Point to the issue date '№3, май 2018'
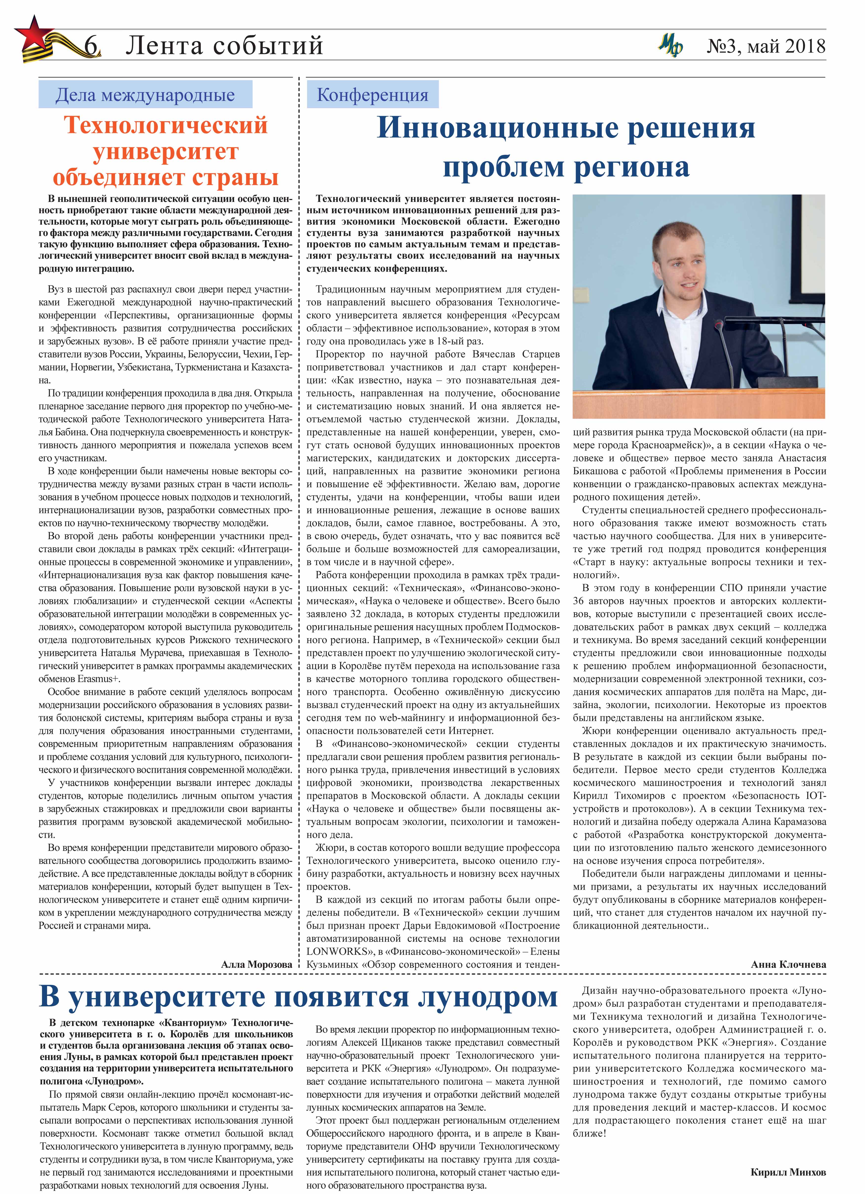pyautogui.click(x=766, y=46)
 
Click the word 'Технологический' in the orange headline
pyautogui.click(x=166, y=125)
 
